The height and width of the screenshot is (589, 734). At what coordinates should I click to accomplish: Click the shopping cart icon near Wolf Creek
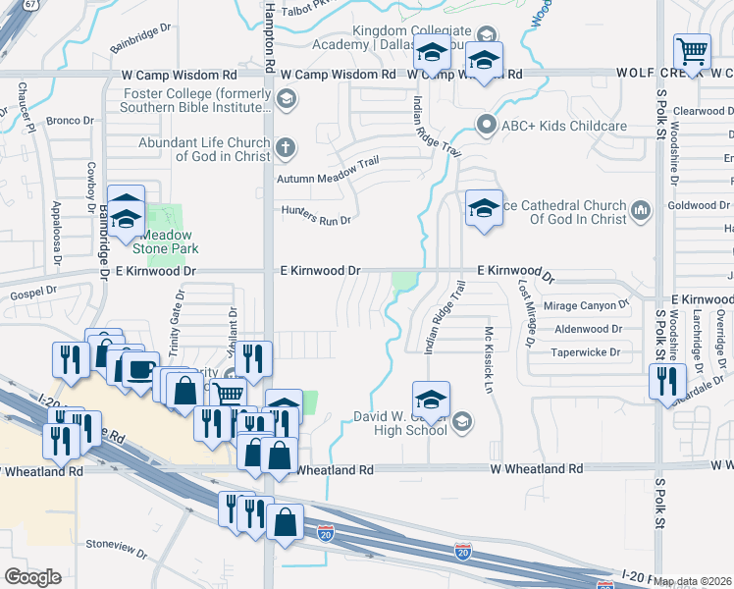click(692, 52)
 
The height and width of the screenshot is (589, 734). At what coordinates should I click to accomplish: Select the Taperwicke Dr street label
click(586, 352)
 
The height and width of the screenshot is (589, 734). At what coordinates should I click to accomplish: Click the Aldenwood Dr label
click(589, 330)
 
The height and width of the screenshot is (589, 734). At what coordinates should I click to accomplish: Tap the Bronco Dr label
click(70, 122)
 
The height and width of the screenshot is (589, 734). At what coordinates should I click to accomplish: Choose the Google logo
click(32, 577)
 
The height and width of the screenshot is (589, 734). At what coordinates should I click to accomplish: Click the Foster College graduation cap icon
click(286, 98)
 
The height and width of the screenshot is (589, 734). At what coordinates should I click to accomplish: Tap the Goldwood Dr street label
click(693, 205)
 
